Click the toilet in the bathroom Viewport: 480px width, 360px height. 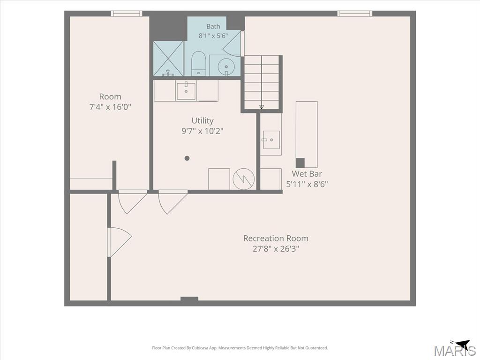[x=198, y=63]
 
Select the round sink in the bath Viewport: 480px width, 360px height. [x=226, y=66]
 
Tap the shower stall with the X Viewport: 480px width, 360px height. [x=168, y=59]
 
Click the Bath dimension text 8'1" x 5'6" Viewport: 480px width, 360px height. [x=213, y=36]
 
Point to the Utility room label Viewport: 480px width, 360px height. [x=202, y=120]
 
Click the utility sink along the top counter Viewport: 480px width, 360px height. [x=186, y=91]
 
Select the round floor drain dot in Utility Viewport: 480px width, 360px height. [x=187, y=158]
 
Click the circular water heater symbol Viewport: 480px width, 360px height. [x=244, y=179]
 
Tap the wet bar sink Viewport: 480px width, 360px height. [x=271, y=140]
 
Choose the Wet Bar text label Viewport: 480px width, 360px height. [x=307, y=173]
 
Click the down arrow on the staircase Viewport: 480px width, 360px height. [x=262, y=107]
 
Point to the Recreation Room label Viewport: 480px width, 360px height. [x=276, y=238]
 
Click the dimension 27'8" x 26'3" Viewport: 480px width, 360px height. [x=276, y=248]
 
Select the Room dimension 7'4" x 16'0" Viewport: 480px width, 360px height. [x=110, y=107]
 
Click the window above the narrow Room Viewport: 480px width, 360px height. [x=127, y=14]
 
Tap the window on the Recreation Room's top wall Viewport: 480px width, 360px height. [x=355, y=14]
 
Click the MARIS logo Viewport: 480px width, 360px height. [x=455, y=349]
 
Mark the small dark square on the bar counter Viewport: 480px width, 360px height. [x=300, y=163]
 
